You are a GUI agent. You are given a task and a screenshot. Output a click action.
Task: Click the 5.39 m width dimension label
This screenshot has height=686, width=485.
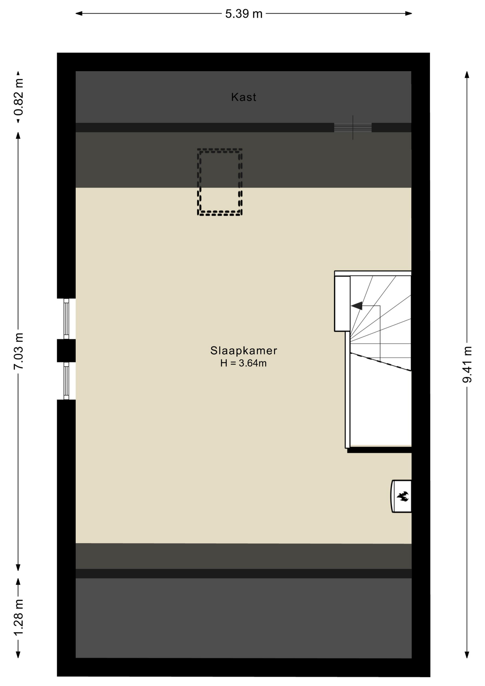[x=244, y=14]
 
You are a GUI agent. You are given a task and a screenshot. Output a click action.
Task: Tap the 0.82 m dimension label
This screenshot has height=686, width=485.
[x=19, y=98]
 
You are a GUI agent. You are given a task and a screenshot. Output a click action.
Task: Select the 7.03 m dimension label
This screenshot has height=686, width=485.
[x=19, y=351]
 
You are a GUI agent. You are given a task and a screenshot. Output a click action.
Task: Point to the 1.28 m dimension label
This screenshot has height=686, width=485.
[x=19, y=617]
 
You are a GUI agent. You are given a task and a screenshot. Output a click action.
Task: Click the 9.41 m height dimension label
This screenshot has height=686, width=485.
[x=467, y=364]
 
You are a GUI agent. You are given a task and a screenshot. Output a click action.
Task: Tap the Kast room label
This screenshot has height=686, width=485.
[x=244, y=97]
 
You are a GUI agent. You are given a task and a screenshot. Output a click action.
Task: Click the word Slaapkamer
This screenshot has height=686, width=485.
[x=244, y=351]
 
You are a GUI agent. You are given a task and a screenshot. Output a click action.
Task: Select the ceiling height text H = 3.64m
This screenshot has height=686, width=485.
[x=244, y=363]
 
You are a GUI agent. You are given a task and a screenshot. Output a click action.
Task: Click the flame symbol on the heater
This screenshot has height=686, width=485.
[x=403, y=496]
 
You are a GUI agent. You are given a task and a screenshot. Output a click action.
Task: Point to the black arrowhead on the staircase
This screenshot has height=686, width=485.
[x=357, y=306]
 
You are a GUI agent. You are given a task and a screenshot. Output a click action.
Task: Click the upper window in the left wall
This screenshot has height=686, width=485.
[x=66, y=319]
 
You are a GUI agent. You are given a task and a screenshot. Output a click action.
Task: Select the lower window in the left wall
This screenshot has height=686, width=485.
[x=66, y=381]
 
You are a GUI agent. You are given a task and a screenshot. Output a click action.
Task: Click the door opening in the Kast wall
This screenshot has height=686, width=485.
[x=353, y=128]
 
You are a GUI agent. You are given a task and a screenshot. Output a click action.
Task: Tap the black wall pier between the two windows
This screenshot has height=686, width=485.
[x=66, y=351]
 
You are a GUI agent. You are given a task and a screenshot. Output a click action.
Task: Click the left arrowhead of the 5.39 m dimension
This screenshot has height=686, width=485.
[x=79, y=14]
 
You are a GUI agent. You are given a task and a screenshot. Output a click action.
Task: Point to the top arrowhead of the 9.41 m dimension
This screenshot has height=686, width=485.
[x=467, y=75]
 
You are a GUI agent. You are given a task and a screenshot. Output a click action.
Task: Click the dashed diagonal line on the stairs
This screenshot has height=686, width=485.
[x=381, y=362]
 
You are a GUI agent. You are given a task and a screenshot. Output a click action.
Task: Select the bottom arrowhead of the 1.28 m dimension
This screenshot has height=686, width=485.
[x=18, y=654]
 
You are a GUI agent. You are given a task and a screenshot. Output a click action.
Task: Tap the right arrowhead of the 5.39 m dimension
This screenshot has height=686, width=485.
[x=408, y=14]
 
